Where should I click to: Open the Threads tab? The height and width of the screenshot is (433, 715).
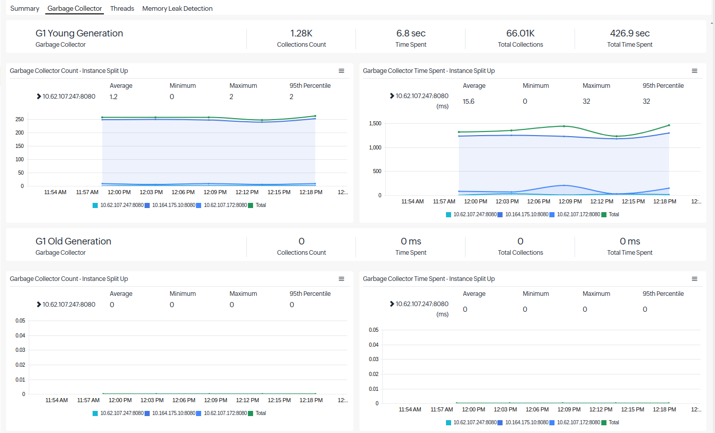point(122,9)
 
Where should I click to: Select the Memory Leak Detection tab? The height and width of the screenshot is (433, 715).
point(177,9)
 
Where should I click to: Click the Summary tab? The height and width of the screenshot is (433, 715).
point(25,9)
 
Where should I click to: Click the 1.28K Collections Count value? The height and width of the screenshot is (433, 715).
point(301,33)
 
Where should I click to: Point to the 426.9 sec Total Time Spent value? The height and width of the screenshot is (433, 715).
point(630,33)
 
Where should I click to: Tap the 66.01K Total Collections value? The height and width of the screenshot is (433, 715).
point(520,33)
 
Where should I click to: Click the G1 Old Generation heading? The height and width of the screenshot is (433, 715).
point(73,241)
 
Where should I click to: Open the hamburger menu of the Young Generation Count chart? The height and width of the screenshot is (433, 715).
point(341,71)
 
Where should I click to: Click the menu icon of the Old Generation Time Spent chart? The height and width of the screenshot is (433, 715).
point(694,279)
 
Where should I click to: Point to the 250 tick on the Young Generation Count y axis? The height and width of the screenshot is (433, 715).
point(20,120)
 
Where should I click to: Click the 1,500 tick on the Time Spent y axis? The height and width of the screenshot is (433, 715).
point(375,124)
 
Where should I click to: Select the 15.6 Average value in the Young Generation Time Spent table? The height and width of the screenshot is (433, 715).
point(468,101)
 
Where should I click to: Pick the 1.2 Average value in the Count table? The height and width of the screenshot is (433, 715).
point(113,97)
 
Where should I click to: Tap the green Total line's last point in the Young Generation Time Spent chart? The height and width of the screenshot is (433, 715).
point(669,125)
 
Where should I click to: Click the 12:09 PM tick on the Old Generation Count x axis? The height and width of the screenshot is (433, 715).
point(216,400)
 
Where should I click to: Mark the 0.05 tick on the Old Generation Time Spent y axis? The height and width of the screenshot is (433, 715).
point(373,330)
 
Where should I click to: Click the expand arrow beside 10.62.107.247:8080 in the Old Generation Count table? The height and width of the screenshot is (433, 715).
point(39,304)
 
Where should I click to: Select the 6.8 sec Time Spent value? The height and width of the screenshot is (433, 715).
point(411,33)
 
